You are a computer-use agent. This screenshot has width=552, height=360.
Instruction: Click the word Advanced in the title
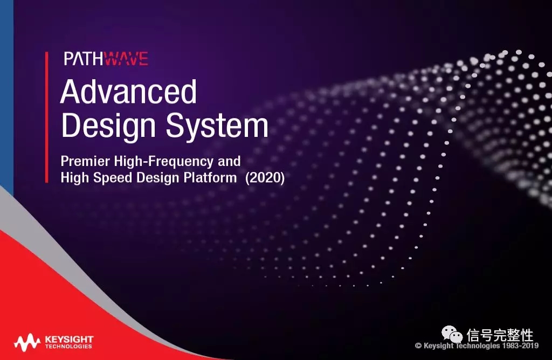coord(128,92)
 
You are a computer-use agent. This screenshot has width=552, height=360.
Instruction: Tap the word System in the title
coord(217,127)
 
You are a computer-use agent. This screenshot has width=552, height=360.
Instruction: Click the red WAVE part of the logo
coord(127,58)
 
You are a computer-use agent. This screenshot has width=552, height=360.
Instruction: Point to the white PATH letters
coord(85,58)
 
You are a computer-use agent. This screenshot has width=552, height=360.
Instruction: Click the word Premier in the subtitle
coord(85,161)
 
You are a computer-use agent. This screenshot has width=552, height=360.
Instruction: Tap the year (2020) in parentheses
coord(265,178)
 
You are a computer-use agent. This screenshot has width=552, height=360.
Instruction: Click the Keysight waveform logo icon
coord(27,342)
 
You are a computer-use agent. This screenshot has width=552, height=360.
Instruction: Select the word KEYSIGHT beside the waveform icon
coord(69,339)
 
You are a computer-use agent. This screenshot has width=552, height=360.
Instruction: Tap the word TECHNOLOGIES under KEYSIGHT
coord(68,347)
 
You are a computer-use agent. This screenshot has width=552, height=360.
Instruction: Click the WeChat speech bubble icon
coord(452,334)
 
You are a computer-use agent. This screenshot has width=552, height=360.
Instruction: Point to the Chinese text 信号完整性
coord(500,335)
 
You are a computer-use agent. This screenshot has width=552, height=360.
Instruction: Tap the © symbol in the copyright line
coord(418,345)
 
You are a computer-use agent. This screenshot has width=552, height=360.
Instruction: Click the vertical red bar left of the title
coord(46,117)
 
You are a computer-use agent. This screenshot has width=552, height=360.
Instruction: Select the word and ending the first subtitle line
coord(229,161)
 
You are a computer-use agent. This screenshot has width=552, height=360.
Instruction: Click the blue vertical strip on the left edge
coord(6,95)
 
